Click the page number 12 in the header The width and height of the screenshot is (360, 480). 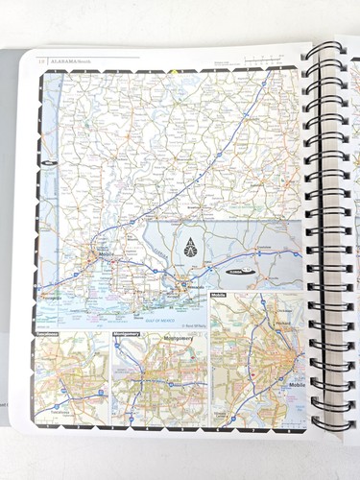click(39, 62)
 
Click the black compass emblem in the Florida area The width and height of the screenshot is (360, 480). click(190, 246)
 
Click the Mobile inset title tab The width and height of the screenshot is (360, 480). click(220, 296)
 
